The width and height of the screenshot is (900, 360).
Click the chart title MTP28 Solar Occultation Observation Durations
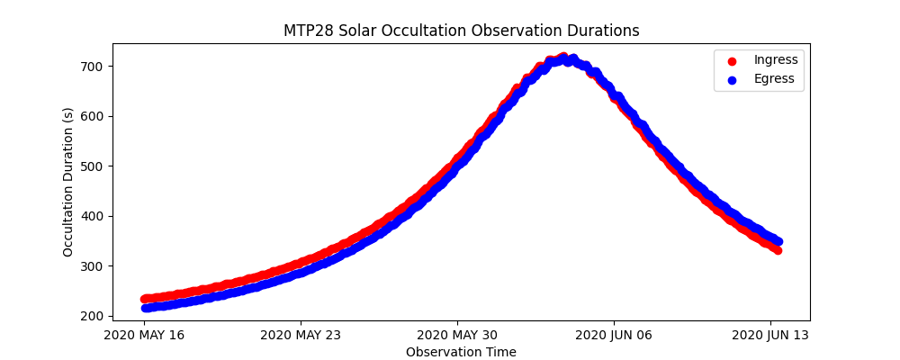point(461,31)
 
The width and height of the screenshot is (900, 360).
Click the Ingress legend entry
point(775,60)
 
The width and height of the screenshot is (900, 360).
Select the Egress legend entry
point(774,79)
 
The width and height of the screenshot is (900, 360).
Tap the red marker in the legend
point(731,60)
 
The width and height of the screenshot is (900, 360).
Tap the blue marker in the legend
point(731,79)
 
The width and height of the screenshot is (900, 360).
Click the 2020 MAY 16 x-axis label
point(143,334)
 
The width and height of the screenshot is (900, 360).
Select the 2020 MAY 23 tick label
point(300,334)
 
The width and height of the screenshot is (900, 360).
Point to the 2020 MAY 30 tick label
point(457,334)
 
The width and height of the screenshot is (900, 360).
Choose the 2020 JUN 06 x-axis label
point(614,334)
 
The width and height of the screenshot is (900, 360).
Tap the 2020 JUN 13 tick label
point(770,334)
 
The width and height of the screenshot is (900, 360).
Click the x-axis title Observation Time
point(461,352)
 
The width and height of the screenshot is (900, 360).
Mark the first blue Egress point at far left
point(146,308)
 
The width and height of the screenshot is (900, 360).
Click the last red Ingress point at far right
point(777,250)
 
